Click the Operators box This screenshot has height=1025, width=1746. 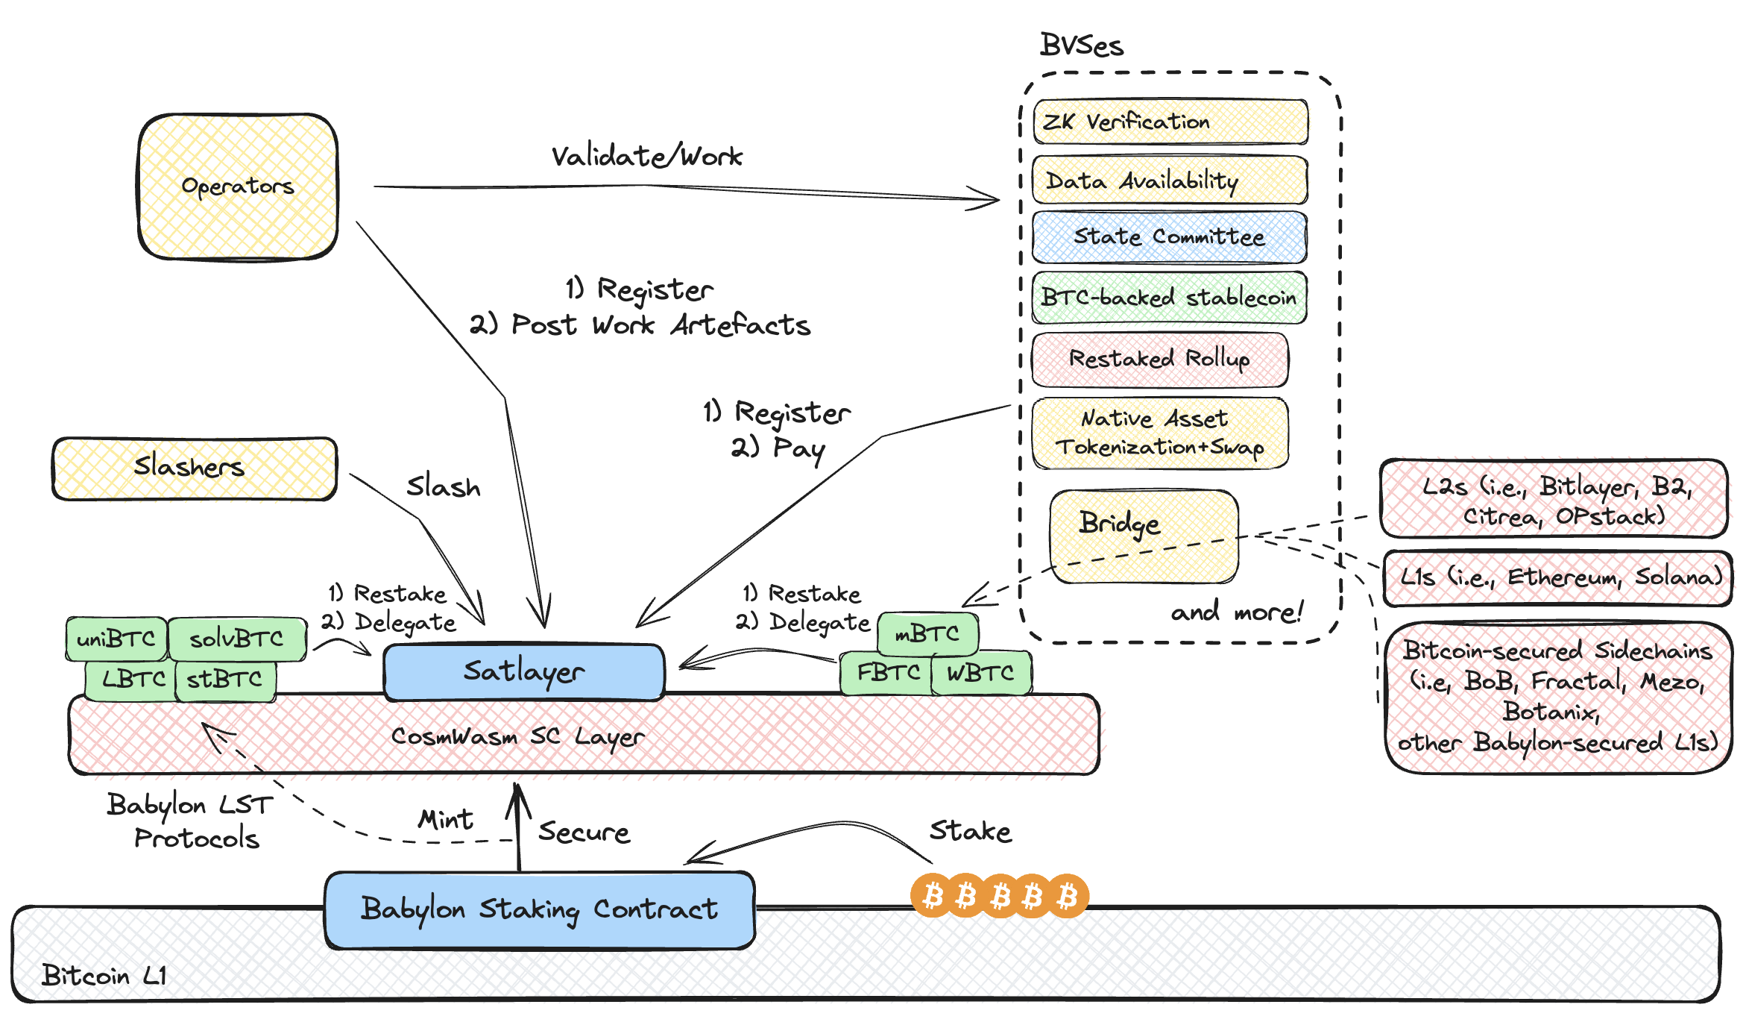(x=238, y=186)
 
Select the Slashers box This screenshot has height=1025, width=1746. (x=194, y=468)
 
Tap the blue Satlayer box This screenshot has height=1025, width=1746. (x=523, y=672)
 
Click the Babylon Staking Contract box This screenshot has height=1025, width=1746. (x=539, y=909)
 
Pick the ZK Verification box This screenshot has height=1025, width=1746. (x=1170, y=122)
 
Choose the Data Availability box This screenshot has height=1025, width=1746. (x=1169, y=181)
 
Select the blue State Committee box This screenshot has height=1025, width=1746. (x=1169, y=237)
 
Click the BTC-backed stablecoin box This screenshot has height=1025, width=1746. (x=1169, y=298)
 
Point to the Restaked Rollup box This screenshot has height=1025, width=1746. (x=1159, y=359)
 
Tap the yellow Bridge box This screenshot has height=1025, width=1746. (x=1143, y=536)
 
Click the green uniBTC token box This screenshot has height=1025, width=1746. (x=116, y=639)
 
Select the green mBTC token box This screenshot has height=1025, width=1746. (x=927, y=633)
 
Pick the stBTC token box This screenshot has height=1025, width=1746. (x=225, y=680)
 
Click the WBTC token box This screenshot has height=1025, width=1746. (x=980, y=673)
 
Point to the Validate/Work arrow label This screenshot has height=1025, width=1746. (x=646, y=157)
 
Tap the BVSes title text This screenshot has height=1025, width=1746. (x=1081, y=46)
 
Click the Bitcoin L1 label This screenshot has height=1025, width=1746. (x=104, y=975)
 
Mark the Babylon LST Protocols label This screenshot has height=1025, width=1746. (x=192, y=821)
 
